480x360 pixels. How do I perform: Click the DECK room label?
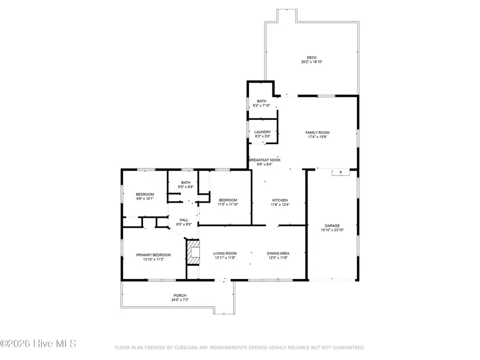click(311, 58)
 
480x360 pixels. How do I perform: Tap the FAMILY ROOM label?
click(317, 132)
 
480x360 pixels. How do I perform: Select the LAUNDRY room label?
click(262, 132)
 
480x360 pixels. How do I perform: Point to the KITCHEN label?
click(279, 200)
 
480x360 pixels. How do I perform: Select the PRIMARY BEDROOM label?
click(153, 255)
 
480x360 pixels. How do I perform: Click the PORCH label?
click(180, 295)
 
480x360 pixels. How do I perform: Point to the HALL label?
click(183, 220)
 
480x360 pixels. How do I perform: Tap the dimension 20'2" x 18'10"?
click(311, 62)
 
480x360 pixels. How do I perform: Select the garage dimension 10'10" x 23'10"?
click(332, 230)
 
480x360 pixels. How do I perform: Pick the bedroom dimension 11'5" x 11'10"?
click(227, 204)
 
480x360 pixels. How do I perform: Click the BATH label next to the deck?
click(261, 101)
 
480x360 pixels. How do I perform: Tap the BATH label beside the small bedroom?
click(185, 183)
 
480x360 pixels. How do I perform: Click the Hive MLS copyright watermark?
click(38, 343)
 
